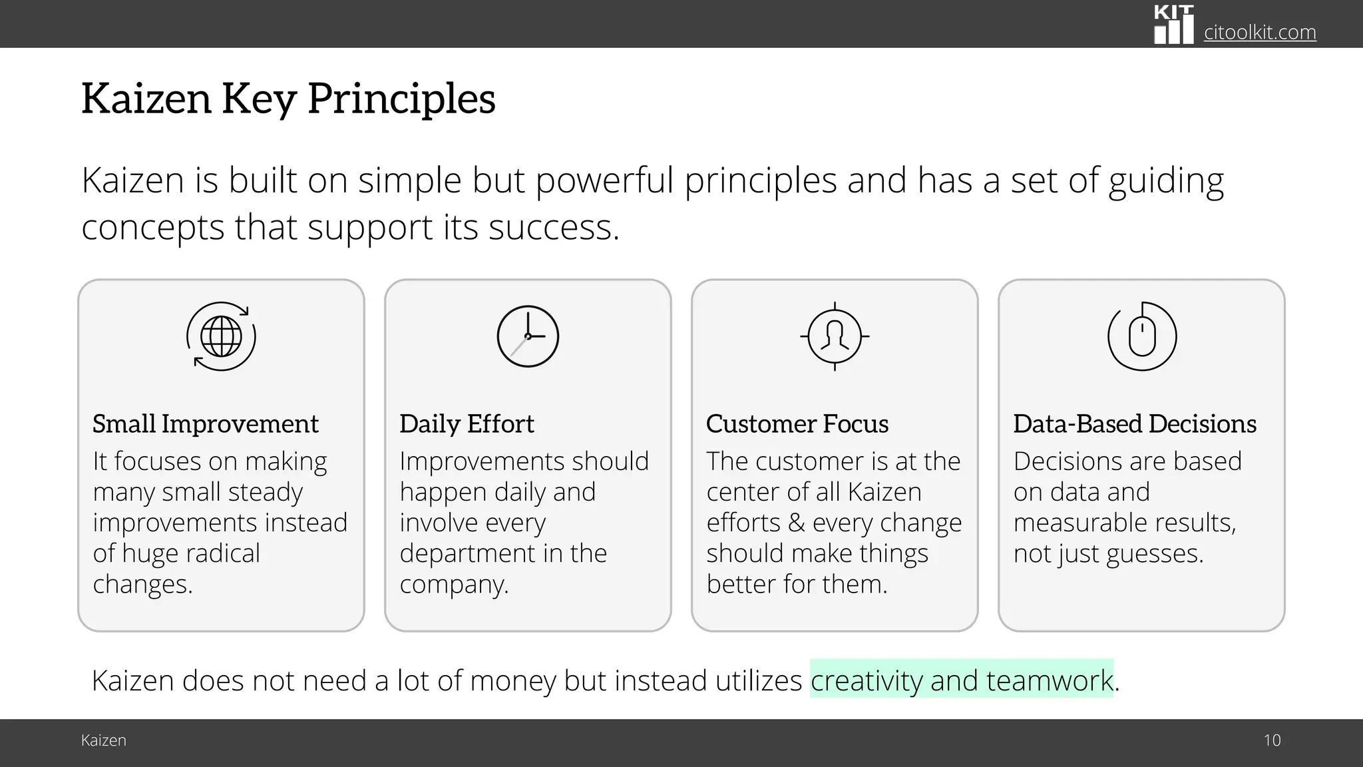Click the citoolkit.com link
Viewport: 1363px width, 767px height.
1259,32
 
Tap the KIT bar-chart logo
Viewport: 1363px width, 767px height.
1173,25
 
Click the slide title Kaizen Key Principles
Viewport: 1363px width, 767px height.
288,99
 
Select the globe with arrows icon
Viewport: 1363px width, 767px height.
221,336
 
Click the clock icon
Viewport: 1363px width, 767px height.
528,336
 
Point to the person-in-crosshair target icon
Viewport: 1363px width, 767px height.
835,336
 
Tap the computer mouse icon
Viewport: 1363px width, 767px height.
1142,336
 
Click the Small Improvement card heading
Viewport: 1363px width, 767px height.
206,423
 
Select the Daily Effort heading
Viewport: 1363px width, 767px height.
467,423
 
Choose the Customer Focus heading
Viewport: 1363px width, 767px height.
797,423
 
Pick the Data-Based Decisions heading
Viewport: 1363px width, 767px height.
1135,423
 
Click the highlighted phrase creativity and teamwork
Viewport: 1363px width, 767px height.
962,680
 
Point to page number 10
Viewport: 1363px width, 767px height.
1272,740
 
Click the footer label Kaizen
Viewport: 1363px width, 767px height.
104,740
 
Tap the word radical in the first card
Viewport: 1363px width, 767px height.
223,553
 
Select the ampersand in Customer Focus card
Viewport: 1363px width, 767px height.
796,523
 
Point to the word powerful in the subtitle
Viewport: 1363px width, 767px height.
604,180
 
